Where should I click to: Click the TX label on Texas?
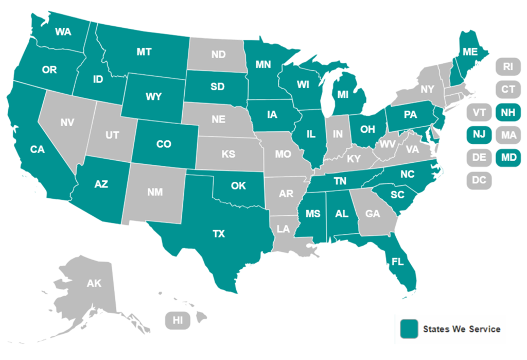coord(219,234)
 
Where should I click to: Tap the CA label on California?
coord(38,149)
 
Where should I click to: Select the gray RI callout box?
coord(507,66)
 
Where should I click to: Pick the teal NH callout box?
coord(507,112)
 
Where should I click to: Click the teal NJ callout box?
coord(479,135)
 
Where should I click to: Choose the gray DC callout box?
coord(479,180)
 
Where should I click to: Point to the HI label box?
coord(178,320)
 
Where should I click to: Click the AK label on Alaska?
coord(94,283)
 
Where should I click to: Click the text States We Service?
coord(461,329)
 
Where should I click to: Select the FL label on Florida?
coord(397,261)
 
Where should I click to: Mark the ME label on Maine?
coord(469,52)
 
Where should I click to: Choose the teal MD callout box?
coord(507,157)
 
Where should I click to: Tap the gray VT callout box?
coord(479,112)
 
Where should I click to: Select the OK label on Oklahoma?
coord(238,185)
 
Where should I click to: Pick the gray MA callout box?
coord(507,135)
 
